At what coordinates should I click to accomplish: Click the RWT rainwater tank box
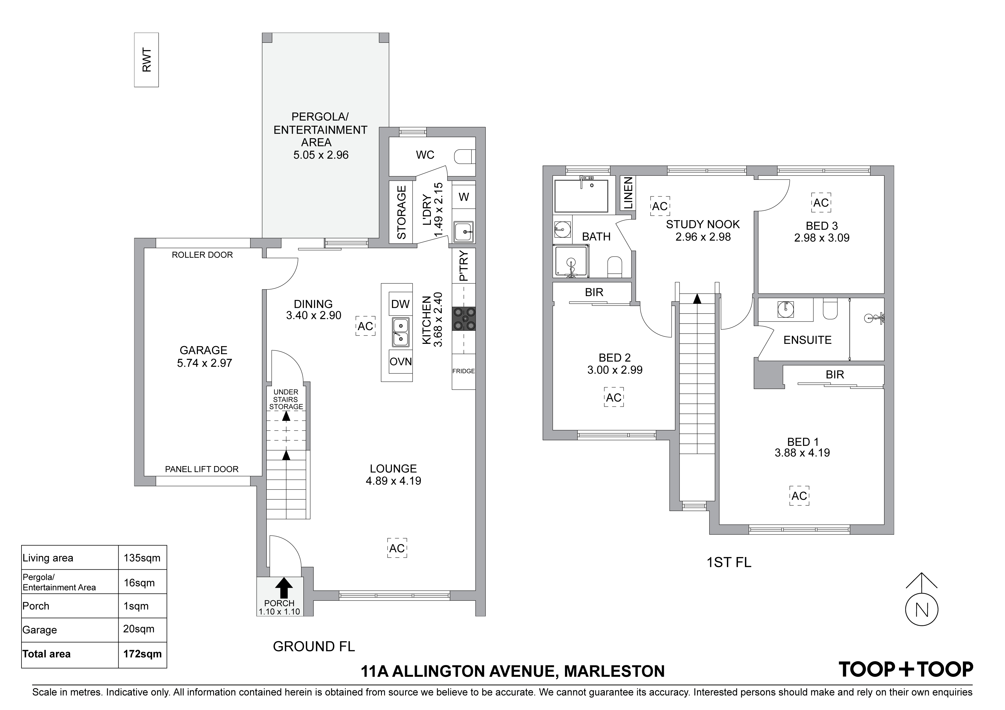pyautogui.click(x=146, y=60)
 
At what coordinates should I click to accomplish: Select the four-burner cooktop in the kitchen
pyautogui.click(x=464, y=319)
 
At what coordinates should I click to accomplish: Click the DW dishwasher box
pyautogui.click(x=401, y=303)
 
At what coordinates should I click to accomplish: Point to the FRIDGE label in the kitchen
pyautogui.click(x=464, y=371)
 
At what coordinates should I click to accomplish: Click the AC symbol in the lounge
pyautogui.click(x=397, y=548)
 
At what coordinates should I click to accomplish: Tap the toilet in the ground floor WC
pyautogui.click(x=464, y=156)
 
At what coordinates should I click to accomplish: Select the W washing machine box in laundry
pyautogui.click(x=464, y=197)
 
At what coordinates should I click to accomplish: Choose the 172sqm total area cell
pyautogui.click(x=142, y=654)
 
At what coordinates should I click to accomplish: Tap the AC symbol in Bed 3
pyautogui.click(x=821, y=202)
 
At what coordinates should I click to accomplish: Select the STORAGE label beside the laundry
pyautogui.click(x=401, y=213)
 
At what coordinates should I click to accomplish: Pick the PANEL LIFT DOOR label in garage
pyautogui.click(x=202, y=470)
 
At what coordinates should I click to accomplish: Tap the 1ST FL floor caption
pyautogui.click(x=729, y=562)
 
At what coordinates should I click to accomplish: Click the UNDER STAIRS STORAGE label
pyautogui.click(x=286, y=399)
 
